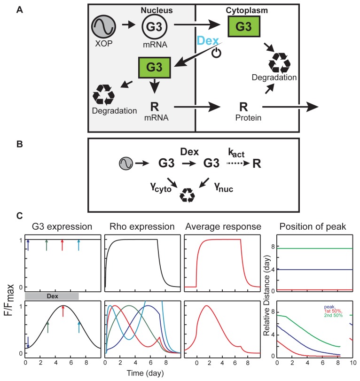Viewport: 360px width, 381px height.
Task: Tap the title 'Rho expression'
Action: pyautogui.click(x=142, y=227)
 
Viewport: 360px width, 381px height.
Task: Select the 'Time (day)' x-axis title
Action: pyautogui.click(x=142, y=373)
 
